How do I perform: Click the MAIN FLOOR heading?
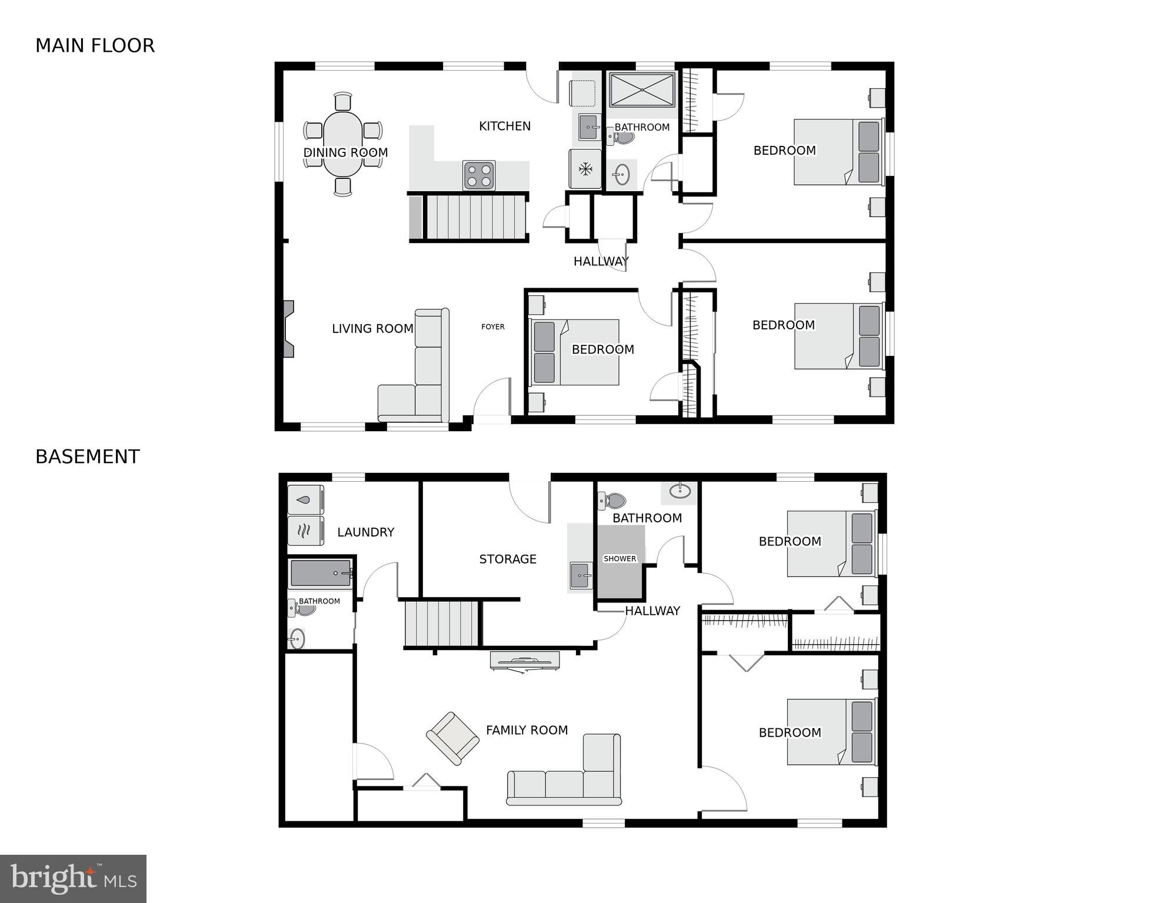pos(95,45)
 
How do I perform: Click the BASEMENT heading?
pos(87,457)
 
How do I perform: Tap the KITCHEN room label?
pos(504,126)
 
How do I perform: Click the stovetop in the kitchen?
pos(478,175)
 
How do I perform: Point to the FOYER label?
pos(492,326)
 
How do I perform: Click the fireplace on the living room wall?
pos(288,329)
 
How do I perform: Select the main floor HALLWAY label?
pos(601,261)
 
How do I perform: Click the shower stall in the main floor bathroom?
pos(641,89)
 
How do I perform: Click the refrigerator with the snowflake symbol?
pos(585,169)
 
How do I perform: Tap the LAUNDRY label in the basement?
pos(365,532)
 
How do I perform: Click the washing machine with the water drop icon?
pos(305,500)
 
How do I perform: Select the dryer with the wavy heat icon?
pos(305,531)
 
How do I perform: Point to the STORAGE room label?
pos(507,559)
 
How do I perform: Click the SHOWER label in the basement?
pos(620,559)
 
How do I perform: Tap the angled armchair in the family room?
pos(452,738)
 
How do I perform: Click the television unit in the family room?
pos(525,661)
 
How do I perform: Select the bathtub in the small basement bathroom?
pos(321,573)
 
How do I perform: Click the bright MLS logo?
pos(73,878)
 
